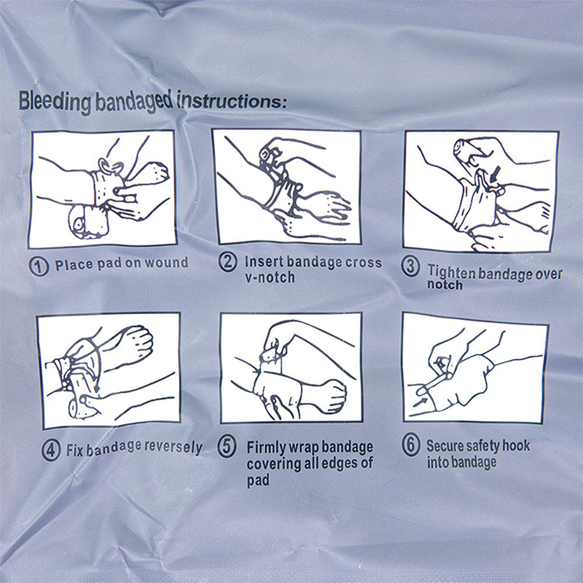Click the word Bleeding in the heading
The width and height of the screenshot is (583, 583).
54,101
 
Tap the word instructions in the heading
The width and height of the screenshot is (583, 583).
230,101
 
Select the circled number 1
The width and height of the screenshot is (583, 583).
38,266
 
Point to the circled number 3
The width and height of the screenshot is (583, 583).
410,266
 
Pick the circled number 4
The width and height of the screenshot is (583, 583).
51,450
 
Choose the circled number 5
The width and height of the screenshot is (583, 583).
227,446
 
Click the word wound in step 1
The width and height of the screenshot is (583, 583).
166,262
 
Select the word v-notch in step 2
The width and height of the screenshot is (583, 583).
270,278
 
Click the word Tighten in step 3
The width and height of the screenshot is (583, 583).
452,272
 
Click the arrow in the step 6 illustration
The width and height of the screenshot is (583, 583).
420,401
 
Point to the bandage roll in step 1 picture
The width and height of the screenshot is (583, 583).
88,222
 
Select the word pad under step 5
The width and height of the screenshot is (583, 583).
258,481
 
